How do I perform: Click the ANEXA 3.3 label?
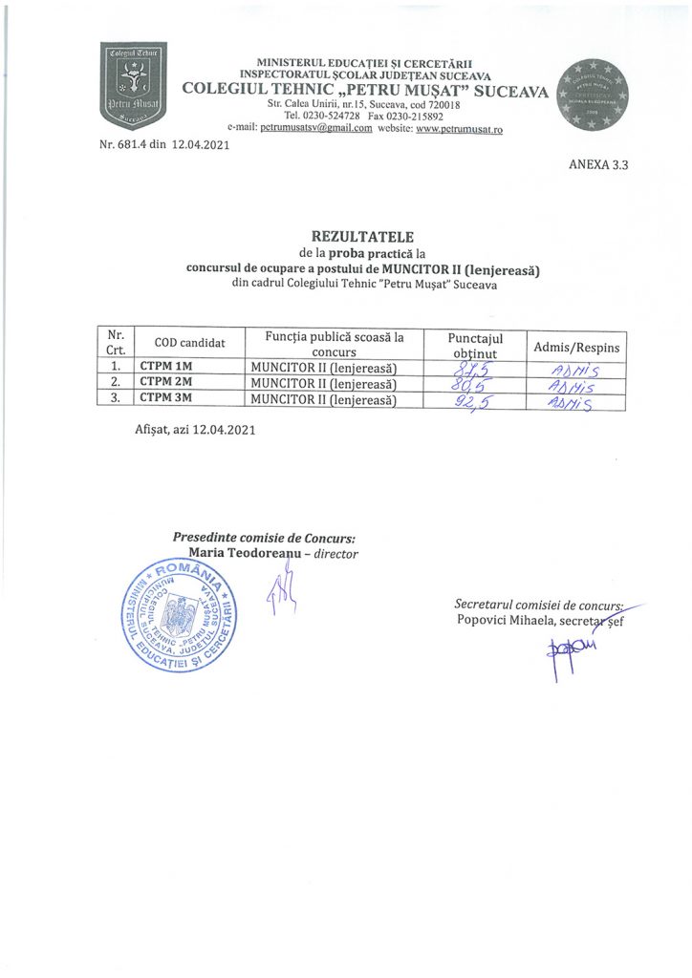[598, 164]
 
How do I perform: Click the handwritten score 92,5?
[476, 401]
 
